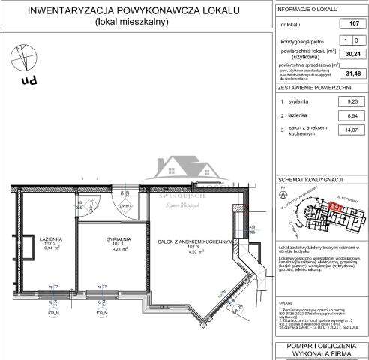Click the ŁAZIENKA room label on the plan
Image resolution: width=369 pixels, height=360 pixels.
click(x=50, y=240)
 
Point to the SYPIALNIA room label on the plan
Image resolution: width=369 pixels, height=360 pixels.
click(x=115, y=240)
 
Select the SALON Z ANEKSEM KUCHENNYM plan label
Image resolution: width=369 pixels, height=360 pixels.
click(x=196, y=241)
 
